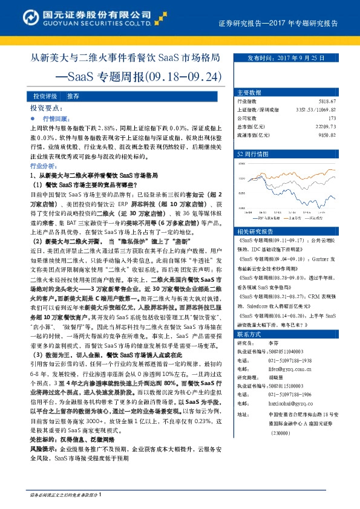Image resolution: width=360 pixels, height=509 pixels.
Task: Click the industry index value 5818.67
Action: point(334,102)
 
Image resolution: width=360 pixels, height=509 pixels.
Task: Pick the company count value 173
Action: point(340,118)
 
